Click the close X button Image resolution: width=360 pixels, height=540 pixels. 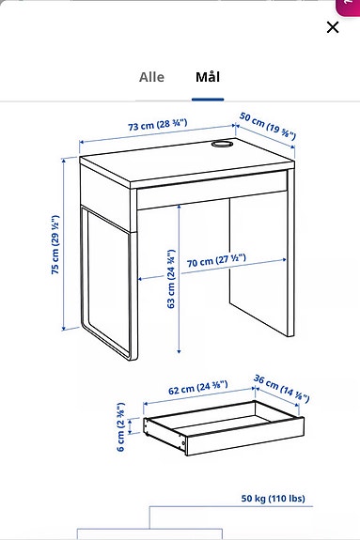tap(332, 27)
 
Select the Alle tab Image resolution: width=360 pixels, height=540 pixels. tap(151, 77)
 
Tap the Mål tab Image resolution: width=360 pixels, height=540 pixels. tap(208, 77)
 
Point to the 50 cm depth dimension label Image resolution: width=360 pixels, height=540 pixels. tap(267, 127)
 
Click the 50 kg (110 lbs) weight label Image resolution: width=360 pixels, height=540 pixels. tap(273, 498)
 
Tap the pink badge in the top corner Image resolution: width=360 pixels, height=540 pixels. tap(350, 6)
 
